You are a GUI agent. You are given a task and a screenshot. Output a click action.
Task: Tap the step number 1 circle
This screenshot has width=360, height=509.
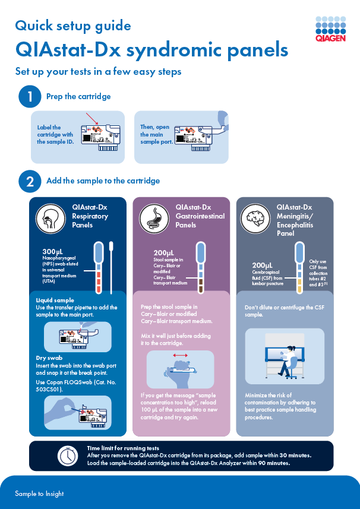[x=30, y=97]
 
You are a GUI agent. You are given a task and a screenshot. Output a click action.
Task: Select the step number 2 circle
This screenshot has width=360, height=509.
[x=30, y=181]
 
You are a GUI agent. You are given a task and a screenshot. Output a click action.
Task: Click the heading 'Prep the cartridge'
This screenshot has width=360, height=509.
[x=78, y=96]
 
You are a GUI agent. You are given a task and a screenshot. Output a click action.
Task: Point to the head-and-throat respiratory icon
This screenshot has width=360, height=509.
[x=52, y=217]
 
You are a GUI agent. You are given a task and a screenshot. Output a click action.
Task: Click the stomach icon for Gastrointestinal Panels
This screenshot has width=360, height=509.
[x=155, y=217]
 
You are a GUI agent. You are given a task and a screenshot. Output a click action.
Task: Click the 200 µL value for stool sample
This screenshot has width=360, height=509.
[x=163, y=253]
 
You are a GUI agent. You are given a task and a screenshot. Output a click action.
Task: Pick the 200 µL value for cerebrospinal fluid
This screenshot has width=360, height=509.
[x=263, y=265]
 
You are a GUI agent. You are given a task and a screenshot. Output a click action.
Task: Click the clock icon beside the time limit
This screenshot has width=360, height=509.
[x=67, y=456]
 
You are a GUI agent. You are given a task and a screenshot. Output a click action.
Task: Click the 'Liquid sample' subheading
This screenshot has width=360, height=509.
[x=55, y=300]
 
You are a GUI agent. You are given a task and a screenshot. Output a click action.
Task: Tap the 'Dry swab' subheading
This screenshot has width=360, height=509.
[x=50, y=358]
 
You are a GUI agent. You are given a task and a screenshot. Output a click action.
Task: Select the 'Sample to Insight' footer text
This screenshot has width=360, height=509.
[x=39, y=494]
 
